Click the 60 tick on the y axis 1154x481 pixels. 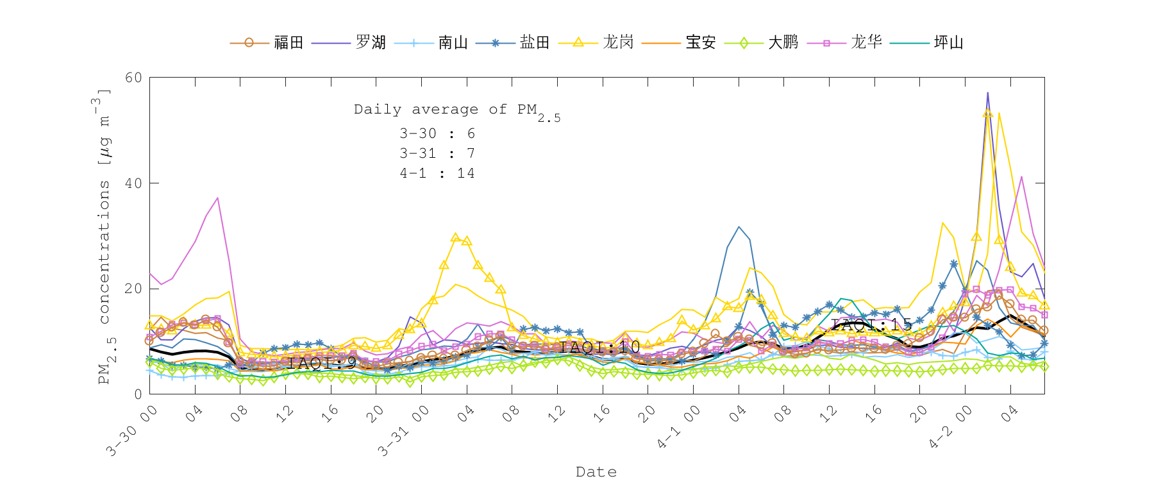134,78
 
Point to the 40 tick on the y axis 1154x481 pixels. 134,183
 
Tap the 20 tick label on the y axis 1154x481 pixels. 134,289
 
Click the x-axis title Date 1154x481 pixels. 596,472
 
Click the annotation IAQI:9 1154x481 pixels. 322,362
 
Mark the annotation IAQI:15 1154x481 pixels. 871,325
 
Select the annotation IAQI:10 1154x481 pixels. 599,347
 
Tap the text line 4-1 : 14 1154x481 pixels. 437,173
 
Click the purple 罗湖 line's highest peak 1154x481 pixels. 987,92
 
